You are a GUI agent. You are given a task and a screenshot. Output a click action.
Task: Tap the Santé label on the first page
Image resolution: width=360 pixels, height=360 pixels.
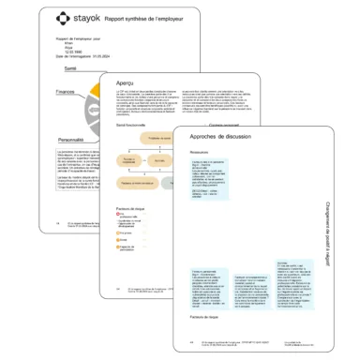click(x=69, y=68)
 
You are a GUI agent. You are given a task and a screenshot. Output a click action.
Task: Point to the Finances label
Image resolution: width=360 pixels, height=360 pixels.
click(x=66, y=92)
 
